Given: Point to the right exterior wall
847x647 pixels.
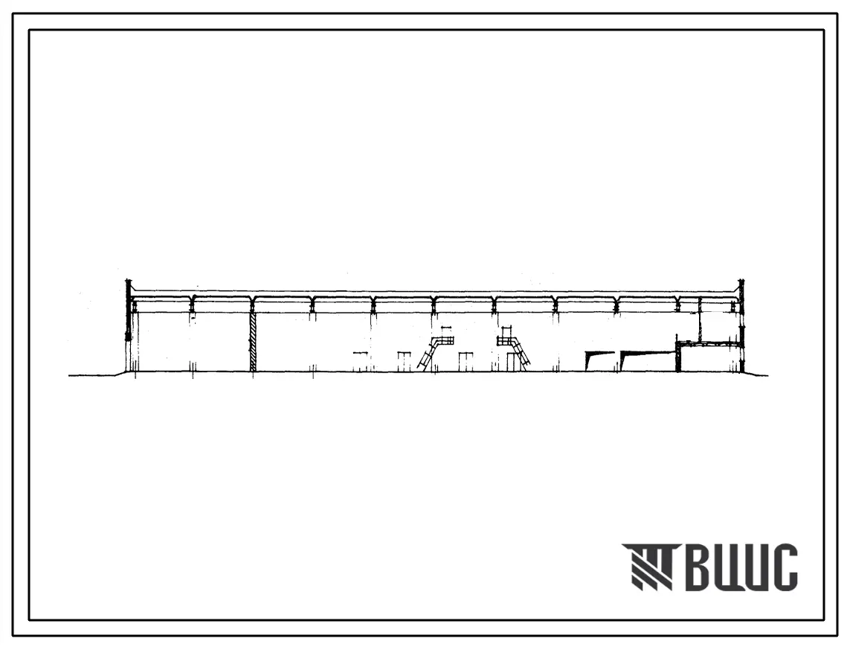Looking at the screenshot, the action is [741, 325].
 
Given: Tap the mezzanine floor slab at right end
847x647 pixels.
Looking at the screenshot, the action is [708, 342].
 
